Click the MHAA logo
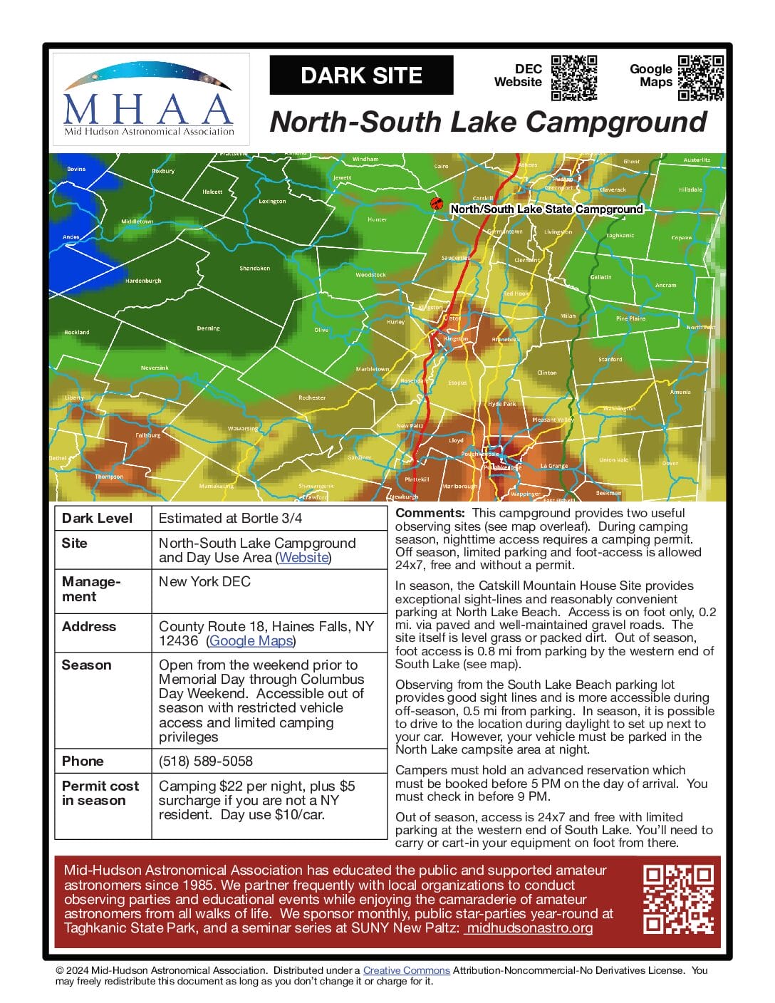[150, 100]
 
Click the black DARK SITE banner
[361, 76]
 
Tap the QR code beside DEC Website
[573, 78]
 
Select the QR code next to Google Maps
[701, 78]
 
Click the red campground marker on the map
[437, 204]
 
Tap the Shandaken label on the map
[254, 269]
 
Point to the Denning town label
[208, 328]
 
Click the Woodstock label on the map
[370, 274]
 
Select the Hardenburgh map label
[143, 281]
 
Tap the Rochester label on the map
[312, 397]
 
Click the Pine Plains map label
[630, 318]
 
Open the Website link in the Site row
[303, 558]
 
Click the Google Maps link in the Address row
[251, 641]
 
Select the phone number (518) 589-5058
[205, 761]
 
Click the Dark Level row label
[97, 518]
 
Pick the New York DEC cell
[204, 581]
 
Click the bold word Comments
[430, 513]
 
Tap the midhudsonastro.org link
[529, 928]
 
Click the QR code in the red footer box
[678, 899]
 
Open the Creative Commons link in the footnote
[406, 970]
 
